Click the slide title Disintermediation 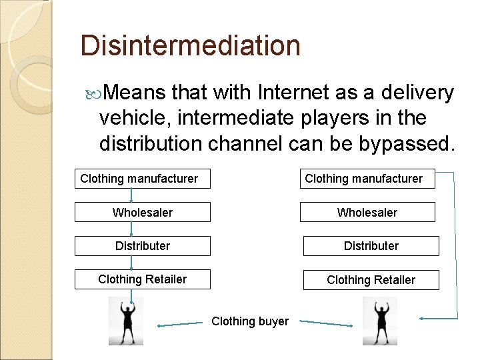point(190,46)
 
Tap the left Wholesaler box point(142,212)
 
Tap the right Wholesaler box point(367,212)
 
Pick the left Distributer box point(142,245)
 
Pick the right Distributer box point(371,245)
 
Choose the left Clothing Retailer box point(142,279)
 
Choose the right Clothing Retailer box point(371,279)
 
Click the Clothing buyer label point(250,321)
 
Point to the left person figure point(126,321)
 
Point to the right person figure point(379,321)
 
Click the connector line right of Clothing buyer point(325,323)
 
